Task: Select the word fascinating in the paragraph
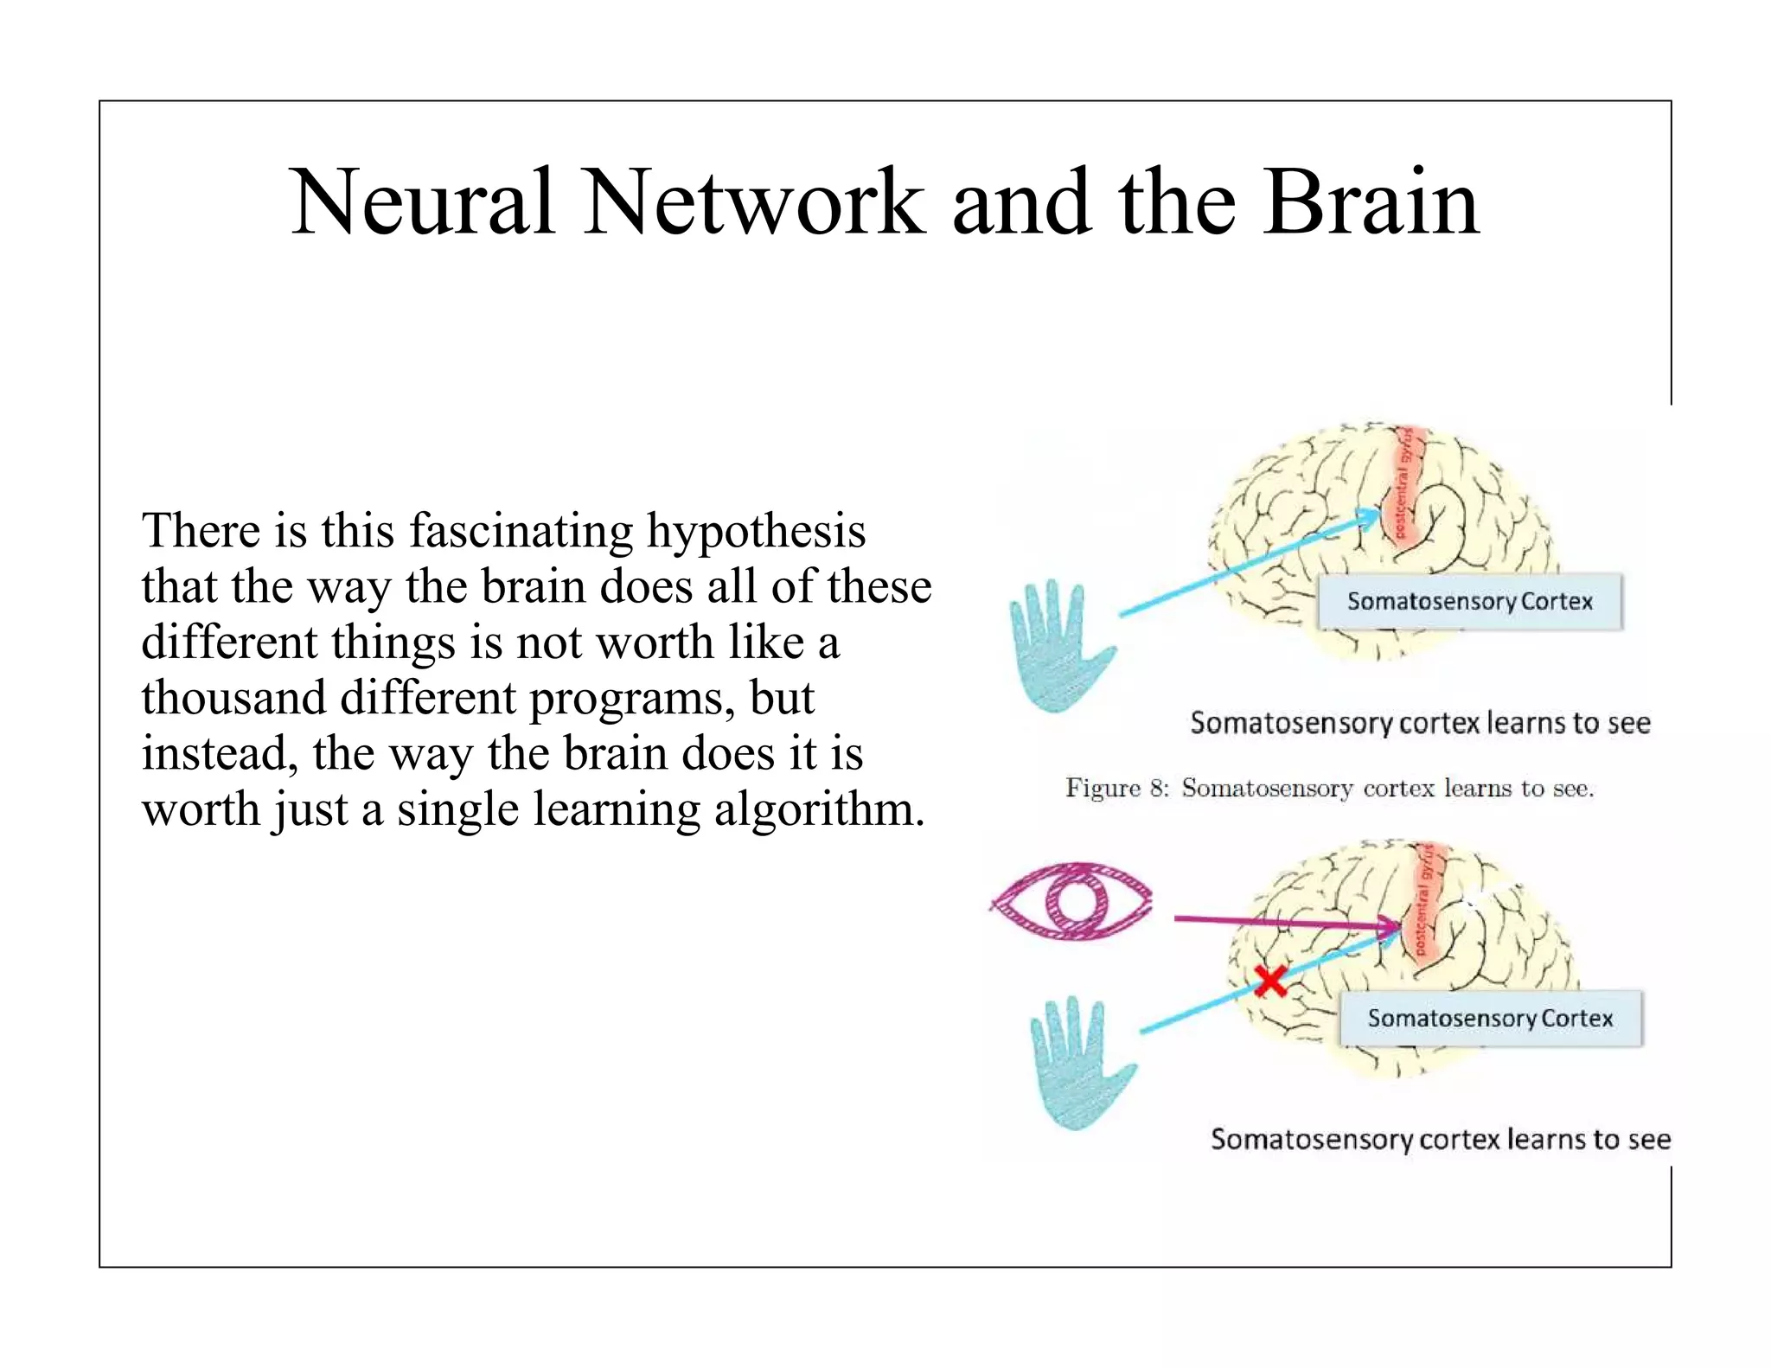pos(521,531)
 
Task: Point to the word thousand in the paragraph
pos(233,697)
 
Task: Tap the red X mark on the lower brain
pos(1270,981)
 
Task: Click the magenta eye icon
pos(1072,900)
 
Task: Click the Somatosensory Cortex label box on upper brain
pos(1469,601)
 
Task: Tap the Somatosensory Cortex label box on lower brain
pos(1490,1018)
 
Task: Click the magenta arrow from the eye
pos(1280,923)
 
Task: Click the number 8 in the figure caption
pos(1158,789)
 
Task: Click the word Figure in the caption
pos(1103,789)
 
